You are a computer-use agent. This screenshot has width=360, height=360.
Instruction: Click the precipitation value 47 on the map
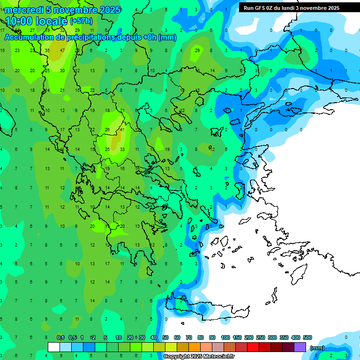pyautogui.click(x=62, y=50)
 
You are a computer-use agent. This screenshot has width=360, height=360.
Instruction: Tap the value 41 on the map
pyautogui.click(x=122, y=130)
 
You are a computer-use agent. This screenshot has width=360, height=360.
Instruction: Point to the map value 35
pyautogui.click(x=47, y=50)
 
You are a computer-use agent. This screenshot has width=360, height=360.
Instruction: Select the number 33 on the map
pyautogui.click(x=122, y=150)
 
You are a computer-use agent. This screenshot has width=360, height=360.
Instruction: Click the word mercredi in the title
pyautogui.click(x=23, y=10)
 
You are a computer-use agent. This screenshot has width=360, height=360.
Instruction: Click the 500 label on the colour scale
pyautogui.click(x=307, y=338)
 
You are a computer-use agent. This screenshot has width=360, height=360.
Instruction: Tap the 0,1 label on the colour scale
pyautogui.click(x=60, y=338)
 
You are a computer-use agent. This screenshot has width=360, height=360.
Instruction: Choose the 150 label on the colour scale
pyautogui.click(x=237, y=338)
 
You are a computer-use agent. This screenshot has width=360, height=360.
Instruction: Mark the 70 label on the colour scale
pyautogui.click(x=189, y=338)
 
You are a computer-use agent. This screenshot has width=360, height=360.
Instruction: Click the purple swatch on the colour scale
pyautogui.click(x=300, y=347)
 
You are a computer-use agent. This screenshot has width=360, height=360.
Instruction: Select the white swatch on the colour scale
pyautogui.click(x=54, y=347)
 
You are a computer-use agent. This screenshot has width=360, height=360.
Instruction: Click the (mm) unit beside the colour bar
pyautogui.click(x=317, y=348)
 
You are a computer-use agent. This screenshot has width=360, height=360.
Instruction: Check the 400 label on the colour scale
pyautogui.click(x=295, y=338)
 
